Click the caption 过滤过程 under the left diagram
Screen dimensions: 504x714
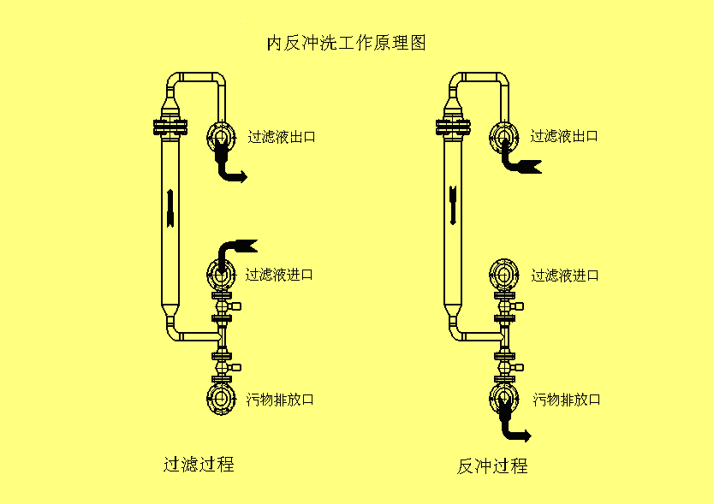coord(199,464)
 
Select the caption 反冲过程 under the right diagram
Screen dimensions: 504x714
coord(491,465)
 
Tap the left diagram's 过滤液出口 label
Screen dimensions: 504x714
coord(282,136)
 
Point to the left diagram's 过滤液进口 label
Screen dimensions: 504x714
coord(279,275)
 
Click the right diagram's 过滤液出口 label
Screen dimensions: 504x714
coord(563,136)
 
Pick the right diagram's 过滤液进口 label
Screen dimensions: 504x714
coord(564,275)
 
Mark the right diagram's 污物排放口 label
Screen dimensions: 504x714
coord(566,400)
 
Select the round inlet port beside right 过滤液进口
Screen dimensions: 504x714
coord(503,275)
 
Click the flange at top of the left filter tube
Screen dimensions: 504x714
coord(170,127)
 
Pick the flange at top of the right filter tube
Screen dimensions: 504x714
coord(453,127)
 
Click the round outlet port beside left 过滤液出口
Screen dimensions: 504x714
coord(220,136)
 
